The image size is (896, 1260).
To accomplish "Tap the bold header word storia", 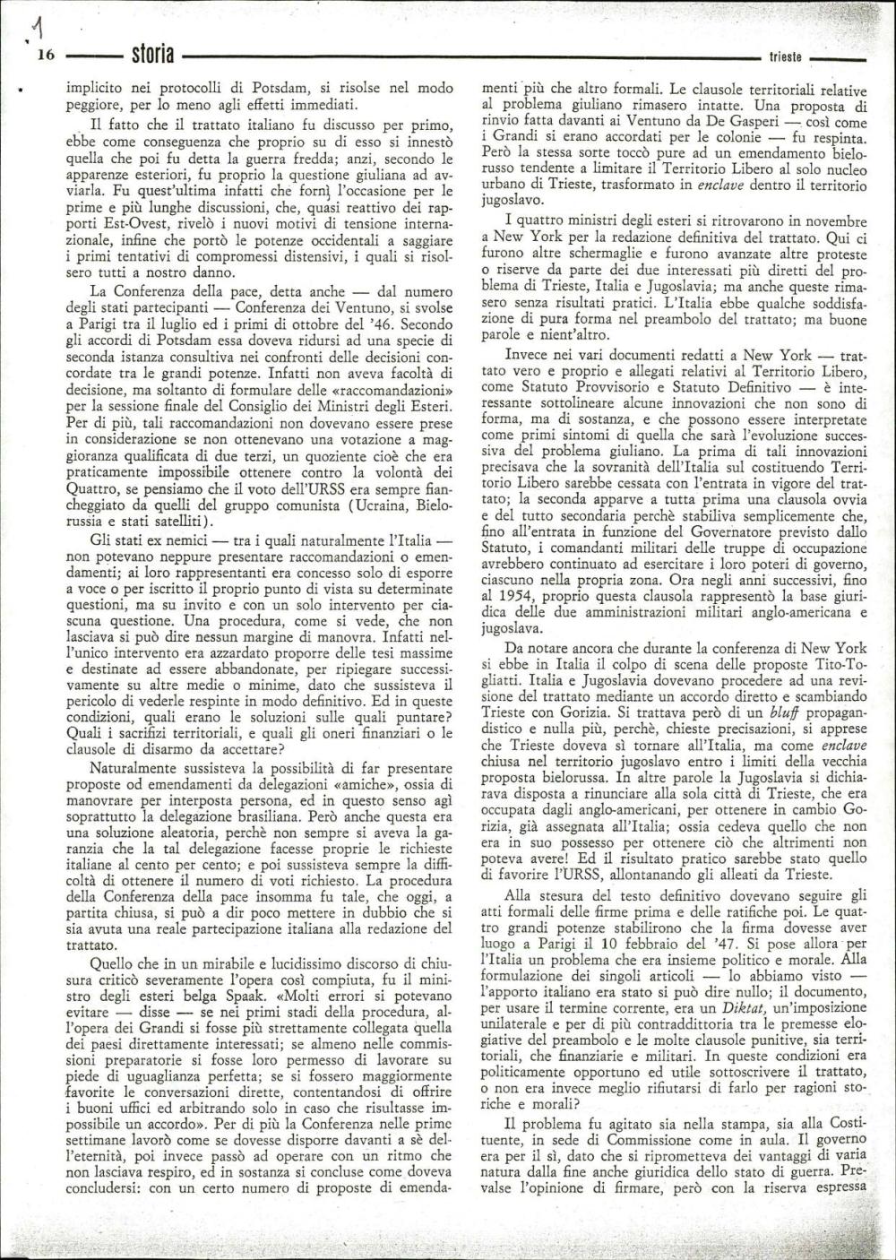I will tap(151, 55).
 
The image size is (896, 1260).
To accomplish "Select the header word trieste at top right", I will tap(785, 57).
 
